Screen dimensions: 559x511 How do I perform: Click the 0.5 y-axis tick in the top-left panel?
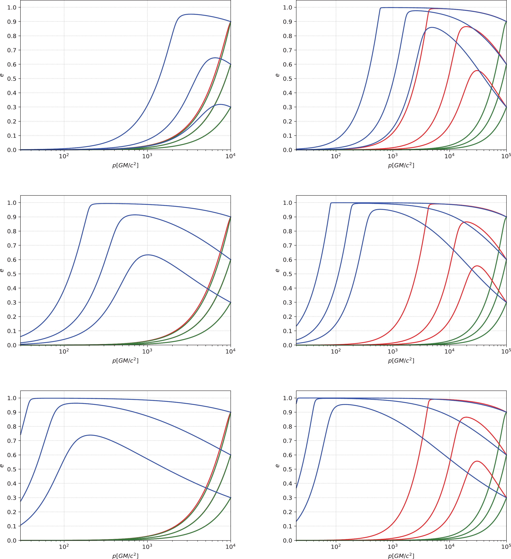tap(12, 79)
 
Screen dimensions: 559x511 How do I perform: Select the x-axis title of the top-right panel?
tap(401, 166)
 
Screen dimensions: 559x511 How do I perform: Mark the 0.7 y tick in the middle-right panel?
tap(288, 245)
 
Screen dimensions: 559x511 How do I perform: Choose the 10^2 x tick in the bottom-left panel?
tap(64, 547)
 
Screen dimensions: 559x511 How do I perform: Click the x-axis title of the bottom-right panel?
tap(401, 556)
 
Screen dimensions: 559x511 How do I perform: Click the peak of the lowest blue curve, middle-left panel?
tap(148, 255)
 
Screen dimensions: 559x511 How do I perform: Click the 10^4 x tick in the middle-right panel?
tap(449, 352)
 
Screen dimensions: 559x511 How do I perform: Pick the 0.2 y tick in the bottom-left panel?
tap(12, 512)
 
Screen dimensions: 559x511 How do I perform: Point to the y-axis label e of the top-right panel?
tap(278, 75)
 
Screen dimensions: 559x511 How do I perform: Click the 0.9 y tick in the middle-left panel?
tap(12, 217)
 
